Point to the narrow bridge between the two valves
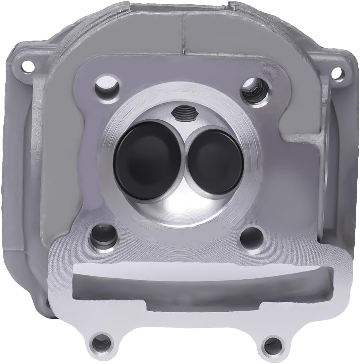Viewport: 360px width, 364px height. point(184,158)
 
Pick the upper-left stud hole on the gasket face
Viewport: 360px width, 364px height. point(108,84)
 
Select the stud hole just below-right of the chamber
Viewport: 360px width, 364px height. point(252,236)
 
